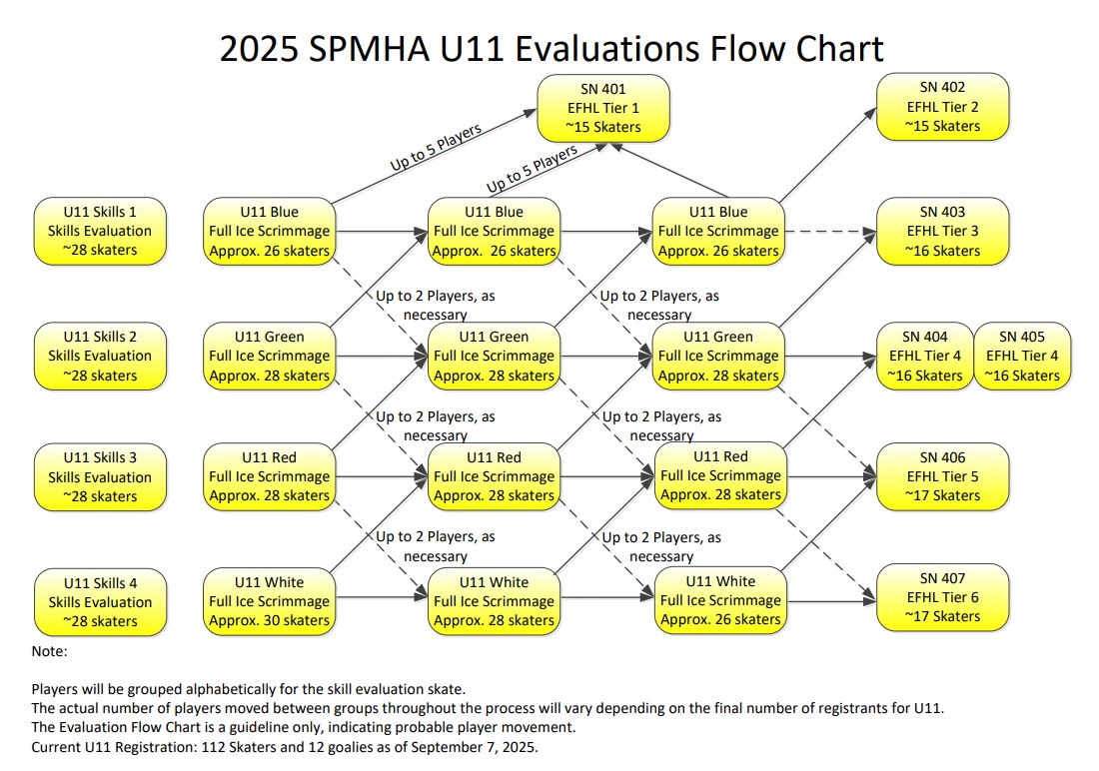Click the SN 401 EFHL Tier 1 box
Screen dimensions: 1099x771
(x=603, y=108)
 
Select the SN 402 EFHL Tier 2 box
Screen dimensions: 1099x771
(x=943, y=107)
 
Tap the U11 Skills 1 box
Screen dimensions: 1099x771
(x=100, y=232)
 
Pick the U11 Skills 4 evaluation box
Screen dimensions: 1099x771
(x=100, y=602)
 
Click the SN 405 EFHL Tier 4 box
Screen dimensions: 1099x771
(x=1023, y=357)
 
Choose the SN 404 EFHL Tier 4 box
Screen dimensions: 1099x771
(x=925, y=357)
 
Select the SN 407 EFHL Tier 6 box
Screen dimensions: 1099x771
(x=943, y=597)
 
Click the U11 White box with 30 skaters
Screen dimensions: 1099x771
(x=269, y=601)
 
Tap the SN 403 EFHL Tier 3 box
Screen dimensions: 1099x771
(x=943, y=232)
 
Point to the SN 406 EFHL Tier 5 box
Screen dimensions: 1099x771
(x=943, y=476)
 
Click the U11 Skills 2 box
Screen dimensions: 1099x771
(x=100, y=357)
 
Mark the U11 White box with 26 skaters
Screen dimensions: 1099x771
(x=720, y=600)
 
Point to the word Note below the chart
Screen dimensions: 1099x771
(x=48, y=651)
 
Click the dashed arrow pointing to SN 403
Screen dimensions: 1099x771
(x=830, y=232)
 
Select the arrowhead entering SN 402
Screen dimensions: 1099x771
(x=871, y=113)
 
